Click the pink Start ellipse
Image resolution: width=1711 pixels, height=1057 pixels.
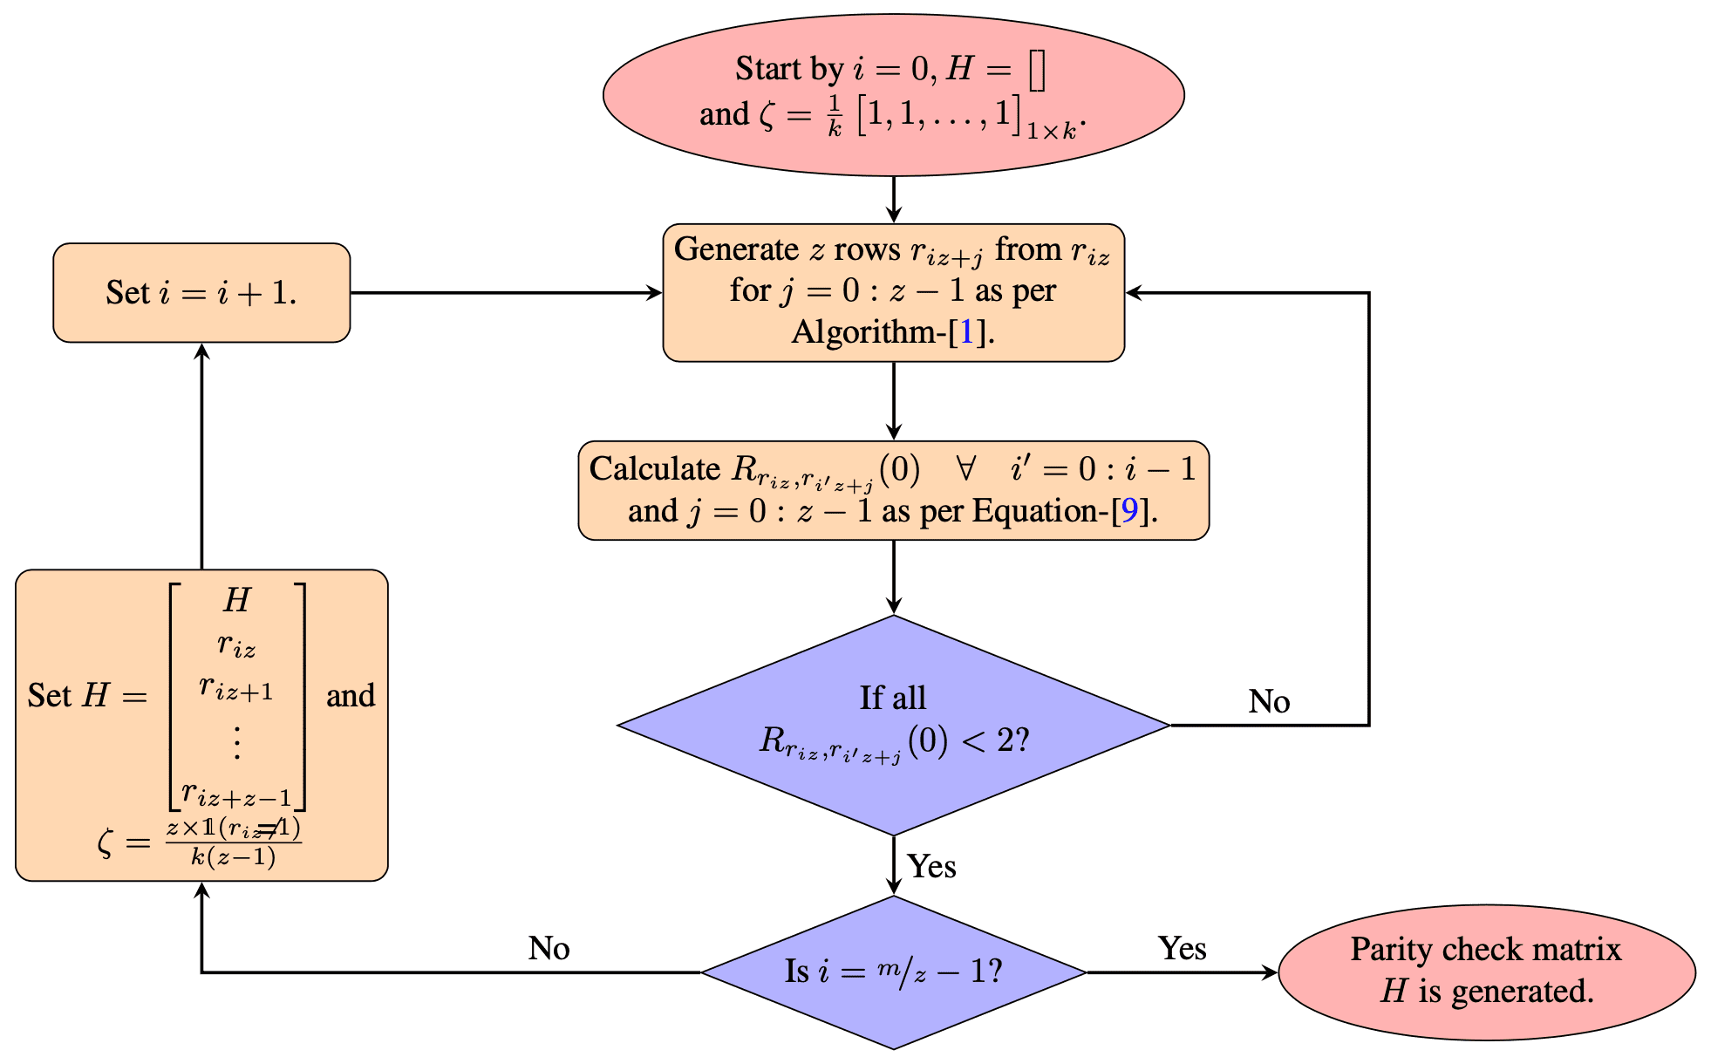tap(893, 94)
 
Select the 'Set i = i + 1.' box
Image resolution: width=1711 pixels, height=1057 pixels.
tap(201, 293)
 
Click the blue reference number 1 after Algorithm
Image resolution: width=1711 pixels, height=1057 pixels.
tap(966, 332)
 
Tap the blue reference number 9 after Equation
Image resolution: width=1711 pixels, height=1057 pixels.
tap(1129, 511)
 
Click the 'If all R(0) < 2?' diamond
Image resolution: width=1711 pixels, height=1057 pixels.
tap(893, 725)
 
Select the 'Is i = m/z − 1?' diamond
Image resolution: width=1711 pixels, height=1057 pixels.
tap(893, 972)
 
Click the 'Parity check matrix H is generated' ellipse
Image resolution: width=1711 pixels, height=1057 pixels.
tap(1486, 972)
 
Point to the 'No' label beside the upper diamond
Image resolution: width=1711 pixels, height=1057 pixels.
tap(1269, 702)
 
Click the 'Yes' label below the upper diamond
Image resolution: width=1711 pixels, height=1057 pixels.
tap(931, 867)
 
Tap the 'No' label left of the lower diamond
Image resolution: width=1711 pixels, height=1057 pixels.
tap(549, 949)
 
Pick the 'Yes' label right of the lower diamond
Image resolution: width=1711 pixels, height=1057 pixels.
tap(1182, 949)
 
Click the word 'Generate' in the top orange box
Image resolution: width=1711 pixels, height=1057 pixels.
tap(737, 250)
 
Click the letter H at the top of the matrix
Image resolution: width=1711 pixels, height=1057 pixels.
tap(237, 600)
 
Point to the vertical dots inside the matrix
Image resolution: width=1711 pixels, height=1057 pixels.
tap(236, 741)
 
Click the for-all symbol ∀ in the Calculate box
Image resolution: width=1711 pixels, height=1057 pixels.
tap(965, 469)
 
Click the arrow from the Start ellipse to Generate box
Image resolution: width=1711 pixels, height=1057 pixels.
tap(893, 200)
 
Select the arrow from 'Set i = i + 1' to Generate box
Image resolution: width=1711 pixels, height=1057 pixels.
tap(506, 293)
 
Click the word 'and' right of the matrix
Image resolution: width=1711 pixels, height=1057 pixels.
tap(351, 696)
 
